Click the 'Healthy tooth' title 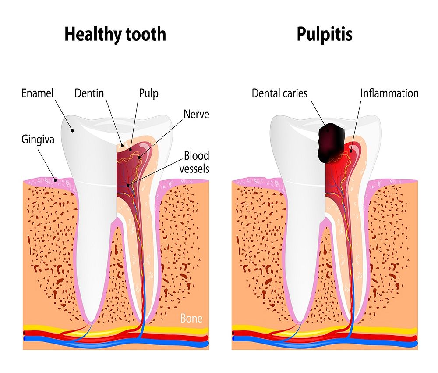point(115,34)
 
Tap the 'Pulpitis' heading point(324,34)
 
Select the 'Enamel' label point(37,93)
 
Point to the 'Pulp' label point(148,93)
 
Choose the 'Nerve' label point(197,115)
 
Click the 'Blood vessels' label point(197,161)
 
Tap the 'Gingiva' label point(38,140)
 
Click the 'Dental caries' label point(279,93)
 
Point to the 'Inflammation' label point(389,93)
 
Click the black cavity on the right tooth point(331,140)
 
